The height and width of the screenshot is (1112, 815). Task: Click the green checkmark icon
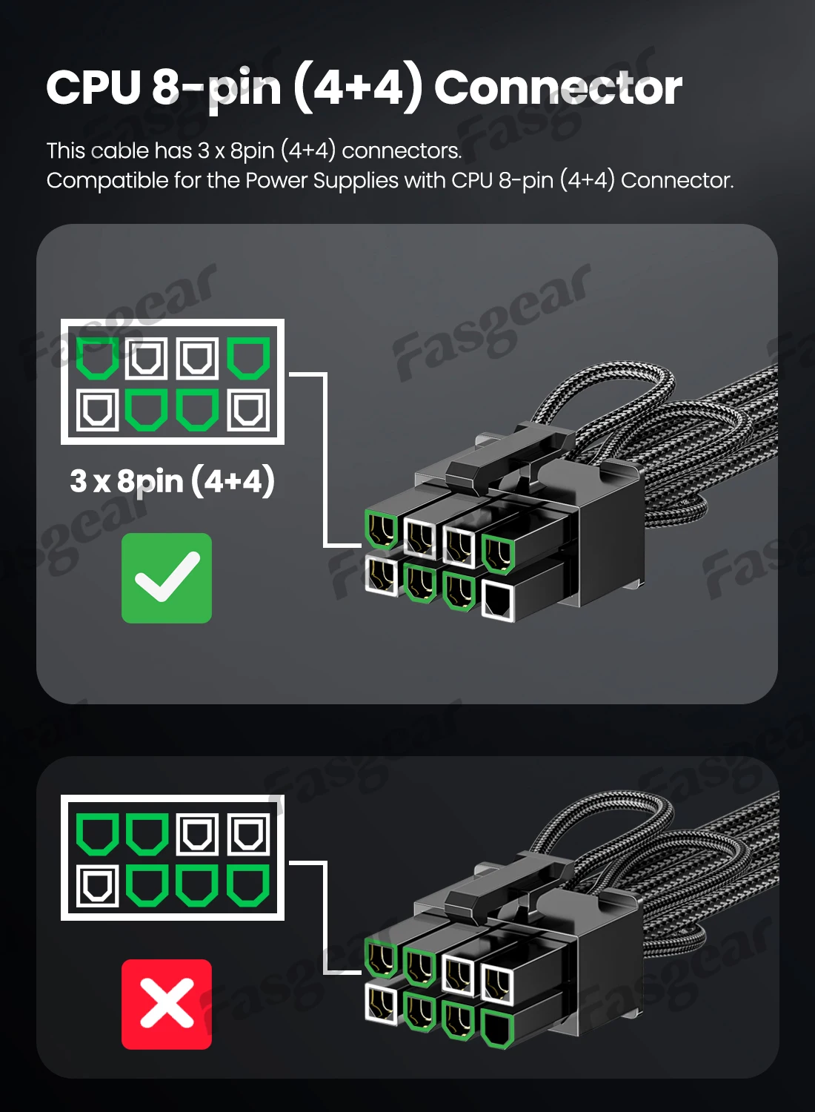click(x=167, y=578)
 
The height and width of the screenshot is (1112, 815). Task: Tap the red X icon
click(x=167, y=1005)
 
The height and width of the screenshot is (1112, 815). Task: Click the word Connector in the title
click(x=557, y=87)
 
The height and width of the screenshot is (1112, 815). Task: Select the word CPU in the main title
click(x=93, y=87)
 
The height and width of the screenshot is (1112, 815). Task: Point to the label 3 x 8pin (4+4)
click(x=172, y=481)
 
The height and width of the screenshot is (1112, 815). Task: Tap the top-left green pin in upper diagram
click(x=98, y=358)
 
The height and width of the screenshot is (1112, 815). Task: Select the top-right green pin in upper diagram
click(x=248, y=358)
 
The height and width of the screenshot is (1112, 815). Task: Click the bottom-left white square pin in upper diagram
click(x=98, y=410)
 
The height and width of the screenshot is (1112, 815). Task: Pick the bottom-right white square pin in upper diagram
click(x=248, y=410)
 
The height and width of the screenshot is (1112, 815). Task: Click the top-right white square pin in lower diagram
click(x=248, y=834)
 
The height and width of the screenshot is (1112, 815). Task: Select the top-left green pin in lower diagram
click(x=98, y=834)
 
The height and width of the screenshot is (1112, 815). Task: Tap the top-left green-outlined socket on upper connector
click(x=382, y=529)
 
